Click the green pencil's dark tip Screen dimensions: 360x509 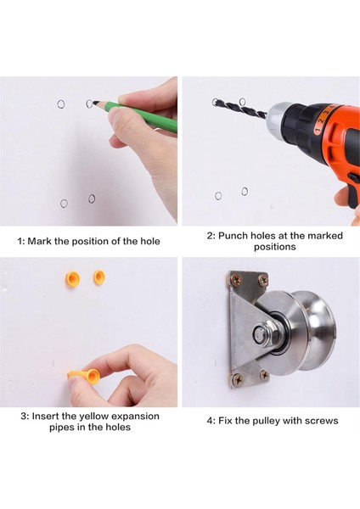pyautogui.click(x=96, y=103)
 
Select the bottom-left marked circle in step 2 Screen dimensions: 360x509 pyautogui.click(x=218, y=196)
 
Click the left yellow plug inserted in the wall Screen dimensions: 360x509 pyautogui.click(x=72, y=278)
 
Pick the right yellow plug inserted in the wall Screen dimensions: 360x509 pyautogui.click(x=99, y=277)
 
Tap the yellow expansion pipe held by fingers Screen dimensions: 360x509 pyautogui.click(x=85, y=376)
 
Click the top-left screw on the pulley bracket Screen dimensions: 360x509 pyautogui.click(x=235, y=278)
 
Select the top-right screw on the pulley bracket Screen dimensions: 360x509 pyautogui.click(x=263, y=280)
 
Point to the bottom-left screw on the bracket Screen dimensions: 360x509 pyautogui.click(x=238, y=378)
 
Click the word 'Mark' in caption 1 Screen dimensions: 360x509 pyautogui.click(x=39, y=241)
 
